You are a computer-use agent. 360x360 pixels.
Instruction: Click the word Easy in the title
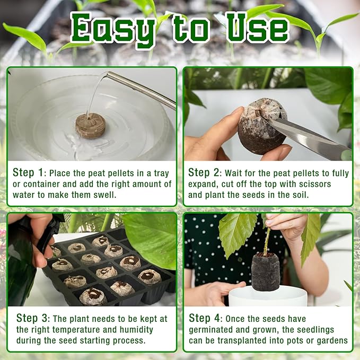(112, 29)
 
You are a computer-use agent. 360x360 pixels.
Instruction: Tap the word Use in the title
(257, 28)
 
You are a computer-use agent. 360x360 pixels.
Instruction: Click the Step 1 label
(28, 173)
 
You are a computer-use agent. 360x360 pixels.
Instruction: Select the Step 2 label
(204, 173)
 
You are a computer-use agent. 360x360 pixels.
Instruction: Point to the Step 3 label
(32, 318)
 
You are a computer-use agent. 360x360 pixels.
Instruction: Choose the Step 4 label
(204, 318)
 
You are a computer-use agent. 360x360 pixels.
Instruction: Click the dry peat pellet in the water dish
(91, 126)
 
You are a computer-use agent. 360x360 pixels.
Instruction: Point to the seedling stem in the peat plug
(267, 241)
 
